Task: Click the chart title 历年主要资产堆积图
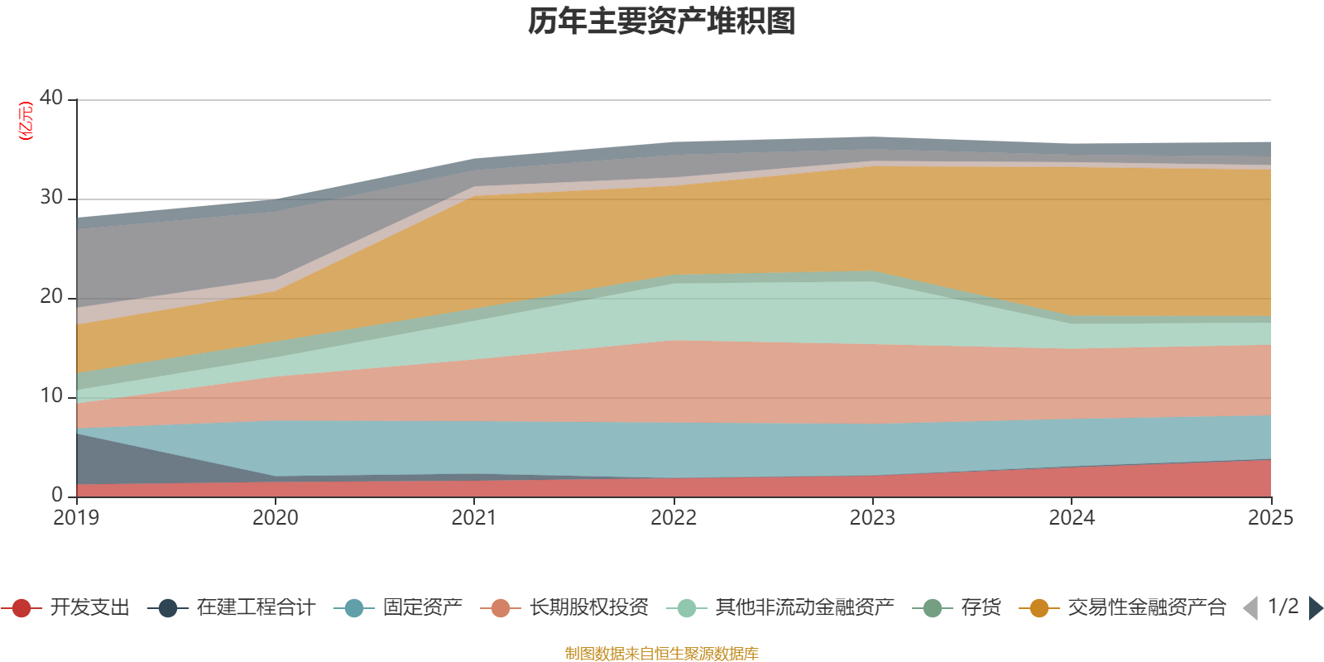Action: click(662, 22)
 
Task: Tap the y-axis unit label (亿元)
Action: click(26, 121)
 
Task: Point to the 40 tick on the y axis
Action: click(51, 98)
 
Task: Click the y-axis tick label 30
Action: click(51, 197)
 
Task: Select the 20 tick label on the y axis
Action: click(51, 296)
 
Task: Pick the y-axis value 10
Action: click(51, 396)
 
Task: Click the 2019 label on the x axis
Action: click(76, 518)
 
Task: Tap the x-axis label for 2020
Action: click(276, 518)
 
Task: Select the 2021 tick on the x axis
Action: click(474, 518)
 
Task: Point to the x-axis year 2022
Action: click(674, 518)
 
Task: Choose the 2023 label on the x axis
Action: click(872, 518)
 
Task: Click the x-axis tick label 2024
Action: click(1072, 518)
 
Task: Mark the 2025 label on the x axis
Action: click(1270, 518)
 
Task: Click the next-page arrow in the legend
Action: click(1315, 608)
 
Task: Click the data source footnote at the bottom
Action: click(662, 654)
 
